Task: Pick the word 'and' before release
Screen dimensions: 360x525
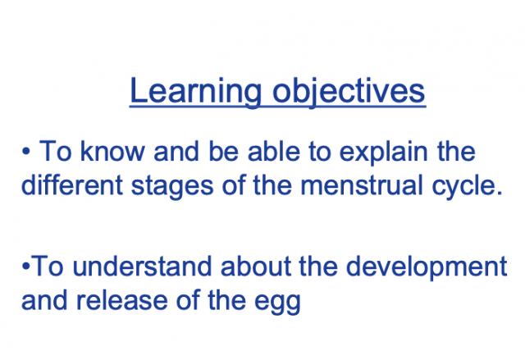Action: tap(46, 301)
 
